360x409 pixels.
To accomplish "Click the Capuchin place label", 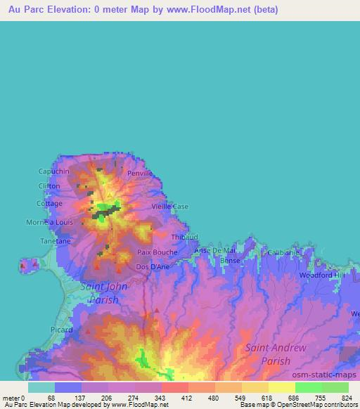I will [x=53, y=171].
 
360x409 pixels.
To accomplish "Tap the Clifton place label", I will [x=49, y=186].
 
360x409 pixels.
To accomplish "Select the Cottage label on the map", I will [x=49, y=204].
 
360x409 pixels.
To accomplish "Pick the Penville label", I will [x=139, y=173].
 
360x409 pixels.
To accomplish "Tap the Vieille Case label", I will [x=170, y=207].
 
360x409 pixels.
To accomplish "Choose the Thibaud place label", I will [x=184, y=238].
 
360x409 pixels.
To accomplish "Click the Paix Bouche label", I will [x=157, y=252].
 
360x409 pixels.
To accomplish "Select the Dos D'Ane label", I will [x=152, y=267].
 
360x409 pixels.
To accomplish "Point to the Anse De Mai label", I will [x=214, y=250].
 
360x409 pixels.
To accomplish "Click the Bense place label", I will [x=230, y=261].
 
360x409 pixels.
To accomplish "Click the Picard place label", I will [x=62, y=328].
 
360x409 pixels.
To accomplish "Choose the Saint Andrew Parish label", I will [x=276, y=354].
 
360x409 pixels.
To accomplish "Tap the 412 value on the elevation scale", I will [x=188, y=398].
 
